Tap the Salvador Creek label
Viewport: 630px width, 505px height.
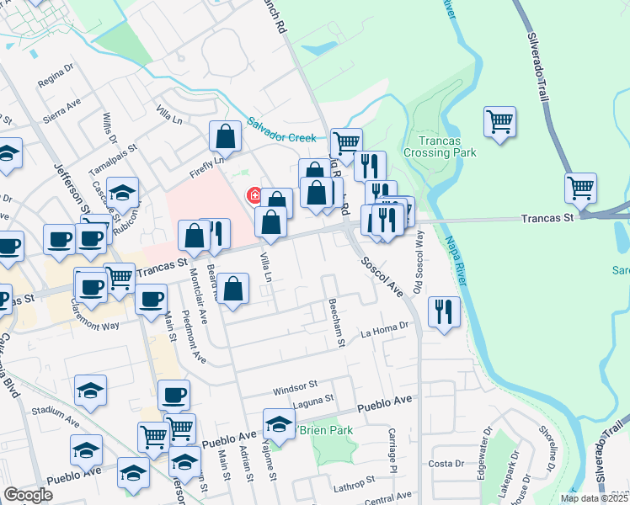click(282, 130)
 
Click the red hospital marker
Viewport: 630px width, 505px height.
click(253, 196)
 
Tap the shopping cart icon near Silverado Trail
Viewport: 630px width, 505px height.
click(581, 189)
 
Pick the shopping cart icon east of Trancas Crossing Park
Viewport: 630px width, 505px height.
click(499, 122)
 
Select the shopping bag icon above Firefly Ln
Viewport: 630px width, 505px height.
click(227, 136)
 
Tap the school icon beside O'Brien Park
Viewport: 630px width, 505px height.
click(279, 424)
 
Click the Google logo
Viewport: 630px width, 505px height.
click(28, 495)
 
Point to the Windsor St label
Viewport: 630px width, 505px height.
click(293, 391)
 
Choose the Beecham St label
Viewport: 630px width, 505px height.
click(338, 322)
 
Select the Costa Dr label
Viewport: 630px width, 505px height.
click(446, 464)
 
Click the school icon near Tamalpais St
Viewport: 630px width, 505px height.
click(123, 193)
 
